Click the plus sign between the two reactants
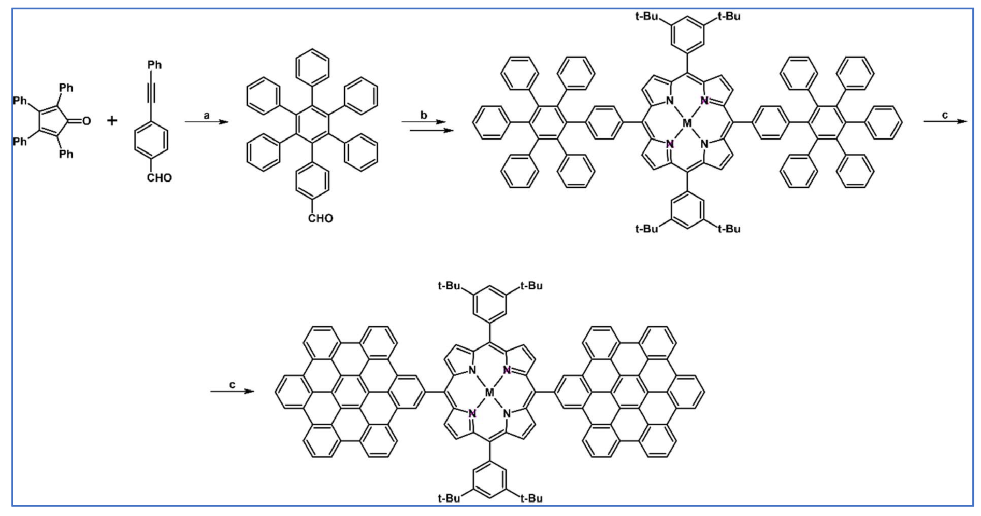coord(112,121)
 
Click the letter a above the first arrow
coord(206,116)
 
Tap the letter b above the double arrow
coord(424,115)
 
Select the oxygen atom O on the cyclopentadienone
coord(86,121)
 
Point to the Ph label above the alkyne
coord(154,65)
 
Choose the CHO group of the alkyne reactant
coord(159,178)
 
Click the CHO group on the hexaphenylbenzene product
coord(320,218)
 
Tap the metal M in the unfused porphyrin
coord(687,123)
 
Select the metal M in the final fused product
coord(489,393)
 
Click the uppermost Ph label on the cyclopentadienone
coord(66,88)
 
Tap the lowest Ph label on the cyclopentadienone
coord(66,154)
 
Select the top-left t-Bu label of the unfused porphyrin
coord(646,16)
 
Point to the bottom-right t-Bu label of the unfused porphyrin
coord(729,229)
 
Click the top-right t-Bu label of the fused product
coord(531,286)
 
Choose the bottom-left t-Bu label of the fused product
coord(449,498)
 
